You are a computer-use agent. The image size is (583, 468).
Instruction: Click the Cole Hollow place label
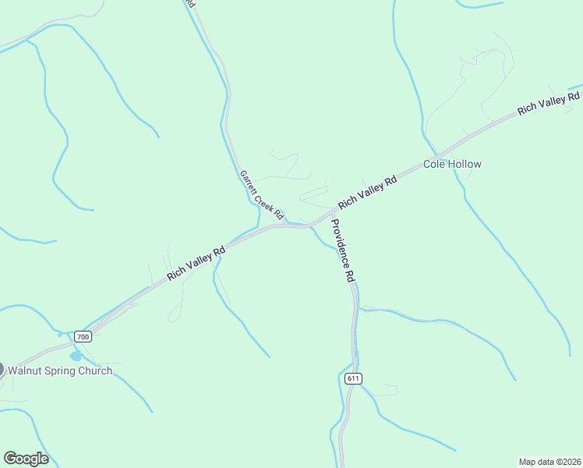[452, 165]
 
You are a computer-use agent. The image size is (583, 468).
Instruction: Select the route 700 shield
[83, 337]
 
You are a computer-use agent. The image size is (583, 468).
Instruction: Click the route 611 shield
[353, 378]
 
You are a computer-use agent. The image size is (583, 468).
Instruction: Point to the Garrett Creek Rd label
[261, 195]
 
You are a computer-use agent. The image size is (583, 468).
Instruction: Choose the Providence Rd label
[343, 250]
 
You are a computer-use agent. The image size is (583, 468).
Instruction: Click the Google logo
[26, 459]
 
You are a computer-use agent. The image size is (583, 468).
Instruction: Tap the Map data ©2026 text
[549, 461]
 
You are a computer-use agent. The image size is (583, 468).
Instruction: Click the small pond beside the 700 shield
[76, 356]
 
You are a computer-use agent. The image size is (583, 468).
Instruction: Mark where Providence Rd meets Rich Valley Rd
[327, 216]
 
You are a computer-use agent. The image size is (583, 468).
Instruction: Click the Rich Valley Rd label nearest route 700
[196, 264]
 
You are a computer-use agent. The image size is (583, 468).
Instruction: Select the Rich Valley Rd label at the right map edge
[549, 104]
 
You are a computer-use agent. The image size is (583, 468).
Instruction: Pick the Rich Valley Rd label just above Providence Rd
[367, 192]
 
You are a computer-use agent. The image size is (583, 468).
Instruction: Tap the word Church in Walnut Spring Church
[94, 370]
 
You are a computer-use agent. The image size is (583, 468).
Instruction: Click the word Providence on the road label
[340, 243]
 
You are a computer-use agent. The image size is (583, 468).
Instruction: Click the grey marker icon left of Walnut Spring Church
[1, 369]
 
